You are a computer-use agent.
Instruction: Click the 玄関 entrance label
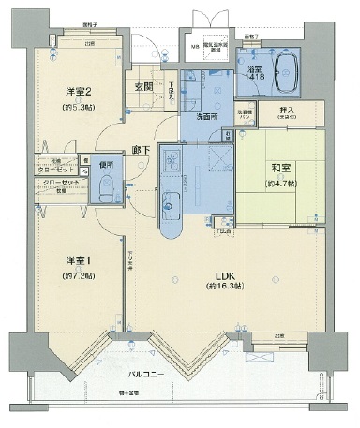point(143,88)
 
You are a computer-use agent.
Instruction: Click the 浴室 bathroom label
point(253,70)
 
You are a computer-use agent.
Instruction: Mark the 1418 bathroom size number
point(253,81)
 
